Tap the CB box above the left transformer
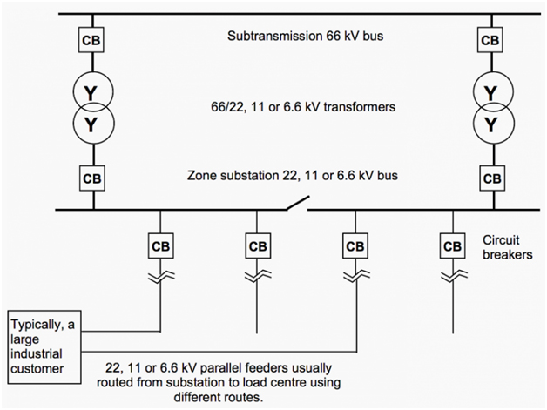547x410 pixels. (x=91, y=40)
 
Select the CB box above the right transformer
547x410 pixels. (x=490, y=40)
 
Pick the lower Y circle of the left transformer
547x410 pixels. (x=91, y=124)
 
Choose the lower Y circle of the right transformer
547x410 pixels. (x=490, y=124)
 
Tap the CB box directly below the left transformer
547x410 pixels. (x=91, y=178)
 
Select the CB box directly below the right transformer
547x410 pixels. (x=490, y=178)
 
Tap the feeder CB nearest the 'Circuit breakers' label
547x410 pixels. (x=451, y=245)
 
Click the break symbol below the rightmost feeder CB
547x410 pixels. (x=451, y=278)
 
